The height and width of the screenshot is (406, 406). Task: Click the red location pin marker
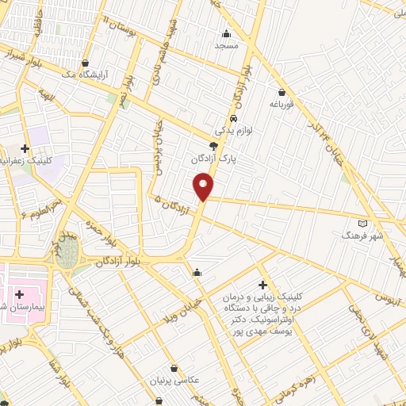coord(203,187)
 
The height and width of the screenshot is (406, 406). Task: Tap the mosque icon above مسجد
coord(226,33)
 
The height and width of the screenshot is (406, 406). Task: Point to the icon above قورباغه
coord(282,91)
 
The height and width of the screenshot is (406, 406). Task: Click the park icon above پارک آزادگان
coord(213,146)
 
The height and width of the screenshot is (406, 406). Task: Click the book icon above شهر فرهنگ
coord(363,224)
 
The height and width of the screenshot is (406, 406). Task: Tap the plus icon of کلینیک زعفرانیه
coord(25,148)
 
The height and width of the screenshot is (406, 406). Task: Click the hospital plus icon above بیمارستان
coord(19,294)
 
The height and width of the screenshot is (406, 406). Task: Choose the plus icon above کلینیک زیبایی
coord(262,285)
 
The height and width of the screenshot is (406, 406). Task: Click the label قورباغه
coord(282,104)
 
